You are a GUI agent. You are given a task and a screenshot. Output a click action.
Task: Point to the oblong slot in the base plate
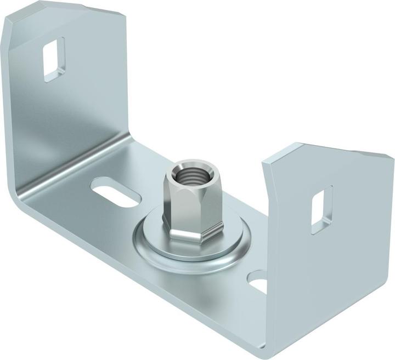(x=116, y=195)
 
